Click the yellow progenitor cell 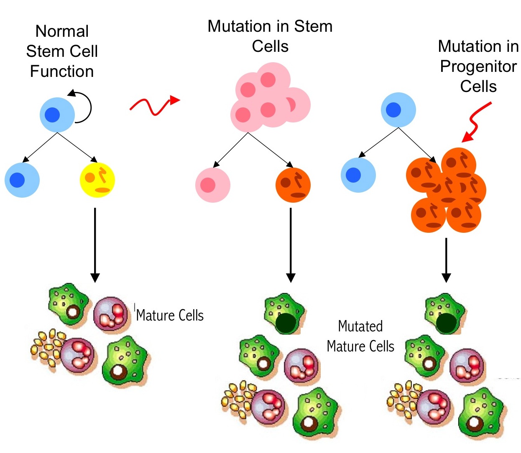point(97,180)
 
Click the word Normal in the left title point(62,31)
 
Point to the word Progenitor point(478,66)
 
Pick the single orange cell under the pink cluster point(293,185)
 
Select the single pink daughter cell point(212,185)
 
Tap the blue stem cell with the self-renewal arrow point(57,115)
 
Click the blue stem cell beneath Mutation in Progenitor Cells point(398,110)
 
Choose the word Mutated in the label point(360,326)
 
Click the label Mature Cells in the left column point(170,316)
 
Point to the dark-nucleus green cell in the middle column point(284,314)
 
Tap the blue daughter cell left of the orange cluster point(358,175)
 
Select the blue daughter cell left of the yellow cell point(22,180)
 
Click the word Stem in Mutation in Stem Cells point(313,26)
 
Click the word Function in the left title point(62,71)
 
